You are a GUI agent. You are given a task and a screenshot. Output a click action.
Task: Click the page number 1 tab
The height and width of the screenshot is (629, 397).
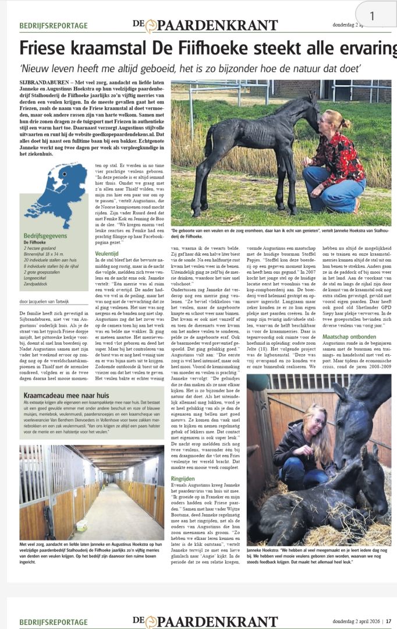373,15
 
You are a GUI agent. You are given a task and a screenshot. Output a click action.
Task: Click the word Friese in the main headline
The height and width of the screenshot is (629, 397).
45,48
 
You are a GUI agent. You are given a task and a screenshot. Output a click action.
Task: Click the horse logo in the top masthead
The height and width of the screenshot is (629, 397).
151,26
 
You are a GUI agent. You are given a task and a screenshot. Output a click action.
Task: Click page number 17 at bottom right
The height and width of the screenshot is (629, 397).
388,621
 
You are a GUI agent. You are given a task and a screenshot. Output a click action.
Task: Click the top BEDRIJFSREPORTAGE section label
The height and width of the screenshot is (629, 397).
54,26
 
